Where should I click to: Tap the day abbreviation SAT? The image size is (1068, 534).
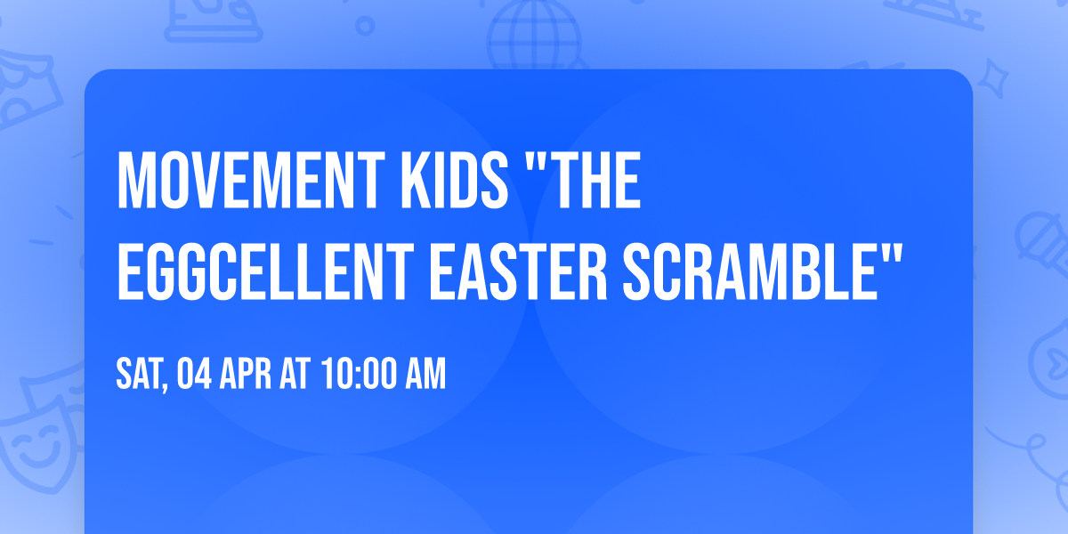pyautogui.click(x=138, y=375)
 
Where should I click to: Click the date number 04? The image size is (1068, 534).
pyautogui.click(x=195, y=375)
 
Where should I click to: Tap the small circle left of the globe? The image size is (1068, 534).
pyautogui.click(x=366, y=26)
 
